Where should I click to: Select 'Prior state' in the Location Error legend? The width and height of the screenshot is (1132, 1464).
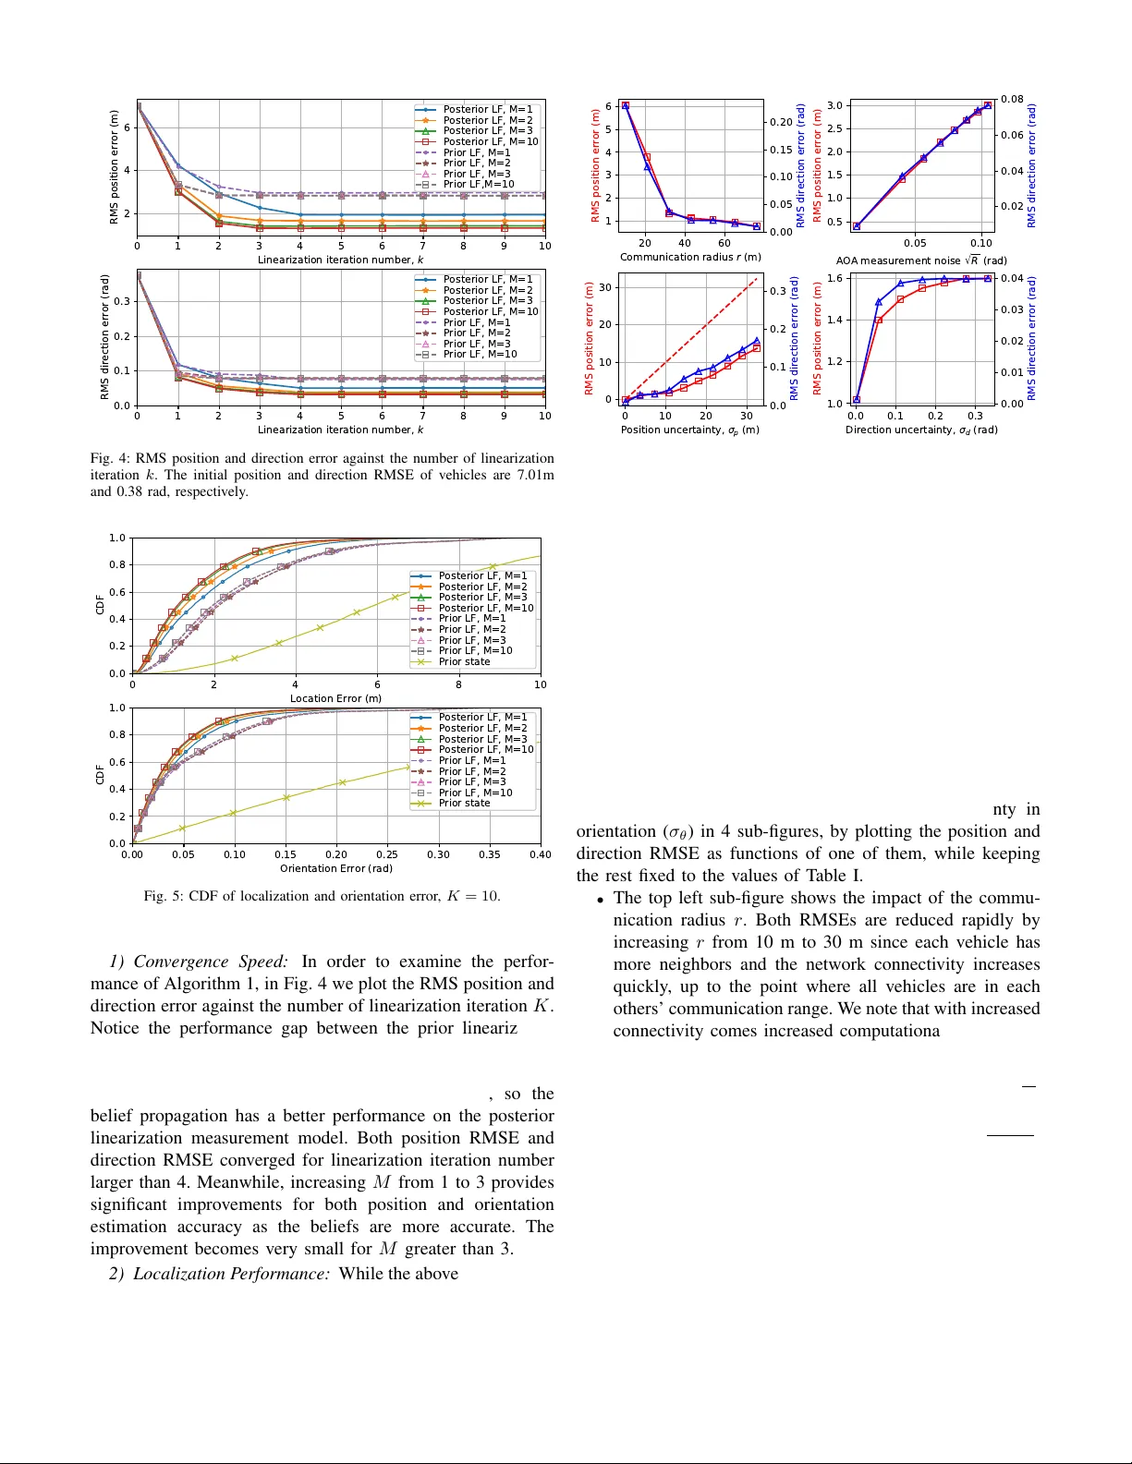tap(464, 661)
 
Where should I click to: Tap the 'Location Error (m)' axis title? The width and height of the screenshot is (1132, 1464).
tap(335, 698)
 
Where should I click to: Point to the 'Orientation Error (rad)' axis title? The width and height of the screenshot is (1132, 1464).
tap(336, 868)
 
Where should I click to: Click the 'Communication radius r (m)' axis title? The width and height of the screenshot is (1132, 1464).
tap(690, 257)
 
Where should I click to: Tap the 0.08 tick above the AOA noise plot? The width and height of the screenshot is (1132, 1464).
tap(1012, 99)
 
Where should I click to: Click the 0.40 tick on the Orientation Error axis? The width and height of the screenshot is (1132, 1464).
tap(540, 854)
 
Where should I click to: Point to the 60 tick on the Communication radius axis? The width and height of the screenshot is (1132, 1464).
tap(724, 244)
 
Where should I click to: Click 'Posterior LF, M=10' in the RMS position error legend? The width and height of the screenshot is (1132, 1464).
tap(490, 141)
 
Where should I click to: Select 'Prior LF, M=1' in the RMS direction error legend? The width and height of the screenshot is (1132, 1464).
tap(476, 322)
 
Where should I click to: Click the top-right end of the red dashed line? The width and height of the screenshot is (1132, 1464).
tap(756, 278)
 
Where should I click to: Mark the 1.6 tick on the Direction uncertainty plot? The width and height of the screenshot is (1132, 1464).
tap(834, 278)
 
